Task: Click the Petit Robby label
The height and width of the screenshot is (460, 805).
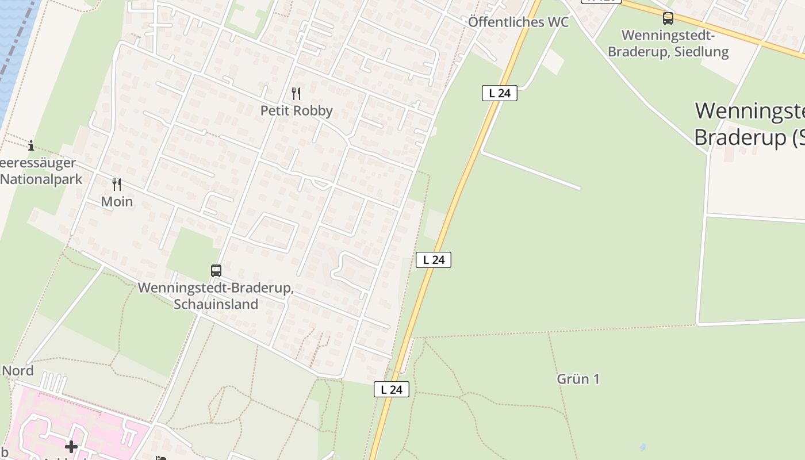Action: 296,110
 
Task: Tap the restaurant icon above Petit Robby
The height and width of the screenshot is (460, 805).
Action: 296,93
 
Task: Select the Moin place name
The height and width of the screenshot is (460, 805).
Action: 117,201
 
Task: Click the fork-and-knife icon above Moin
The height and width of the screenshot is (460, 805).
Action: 117,184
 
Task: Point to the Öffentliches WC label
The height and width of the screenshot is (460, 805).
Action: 518,22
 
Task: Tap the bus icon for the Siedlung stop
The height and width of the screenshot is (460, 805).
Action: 668,18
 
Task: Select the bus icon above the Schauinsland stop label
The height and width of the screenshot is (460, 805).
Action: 216,270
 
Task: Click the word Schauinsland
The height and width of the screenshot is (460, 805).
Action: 216,304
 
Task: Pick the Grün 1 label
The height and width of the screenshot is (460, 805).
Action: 578,379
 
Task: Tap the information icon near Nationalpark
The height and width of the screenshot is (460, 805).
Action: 31,145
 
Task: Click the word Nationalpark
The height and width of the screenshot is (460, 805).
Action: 41,179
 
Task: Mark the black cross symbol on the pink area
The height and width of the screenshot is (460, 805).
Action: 71,446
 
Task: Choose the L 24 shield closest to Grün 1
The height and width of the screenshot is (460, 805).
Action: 392,389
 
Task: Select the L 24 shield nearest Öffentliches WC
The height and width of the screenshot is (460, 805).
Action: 499,93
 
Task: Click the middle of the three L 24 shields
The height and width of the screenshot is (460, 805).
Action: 434,260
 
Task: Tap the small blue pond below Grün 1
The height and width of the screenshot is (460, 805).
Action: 642,447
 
